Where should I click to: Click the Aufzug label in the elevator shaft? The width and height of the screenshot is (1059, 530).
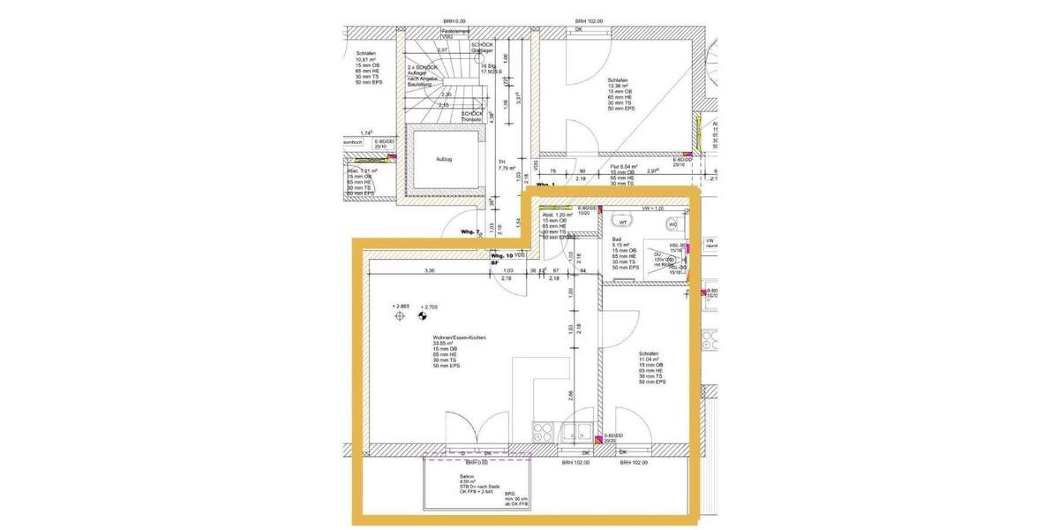tap(443, 159)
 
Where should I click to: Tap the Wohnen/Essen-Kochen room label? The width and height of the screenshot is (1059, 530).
tap(459, 338)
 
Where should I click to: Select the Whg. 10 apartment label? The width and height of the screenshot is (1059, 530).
tap(502, 255)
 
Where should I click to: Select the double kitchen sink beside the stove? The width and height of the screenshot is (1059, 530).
tap(579, 433)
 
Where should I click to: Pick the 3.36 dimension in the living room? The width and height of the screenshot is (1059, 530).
tap(430, 270)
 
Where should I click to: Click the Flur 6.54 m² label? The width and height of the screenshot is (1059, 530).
tap(623, 166)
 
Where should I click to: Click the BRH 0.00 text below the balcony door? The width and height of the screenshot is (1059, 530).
tap(477, 462)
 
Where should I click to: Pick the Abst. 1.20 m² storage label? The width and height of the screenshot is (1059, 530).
tap(557, 215)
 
